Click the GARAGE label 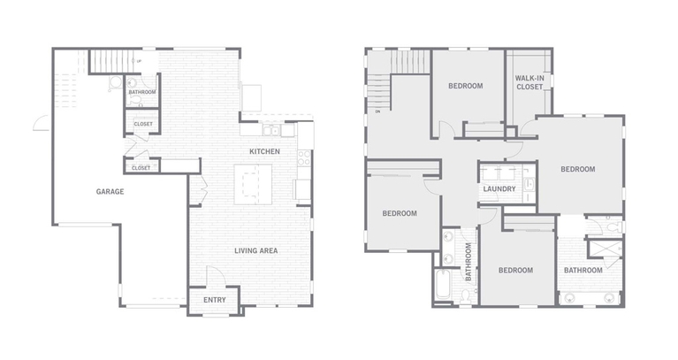click(x=110, y=191)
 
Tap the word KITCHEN click(x=264, y=151)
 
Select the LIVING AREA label click(x=256, y=250)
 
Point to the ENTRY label click(x=215, y=300)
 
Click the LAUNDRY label click(x=499, y=188)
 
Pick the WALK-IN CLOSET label click(x=529, y=82)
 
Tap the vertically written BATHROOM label click(x=469, y=262)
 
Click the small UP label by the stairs click(x=139, y=61)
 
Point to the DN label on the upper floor click(x=377, y=111)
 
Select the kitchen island click(x=253, y=184)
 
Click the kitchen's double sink click(x=271, y=130)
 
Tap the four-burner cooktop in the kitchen click(x=304, y=157)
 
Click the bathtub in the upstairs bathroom click(x=443, y=284)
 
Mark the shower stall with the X click(x=605, y=249)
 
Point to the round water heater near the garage click(x=116, y=82)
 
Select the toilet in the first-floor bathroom click(x=135, y=100)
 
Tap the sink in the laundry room click(x=529, y=185)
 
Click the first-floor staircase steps click(x=110, y=61)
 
